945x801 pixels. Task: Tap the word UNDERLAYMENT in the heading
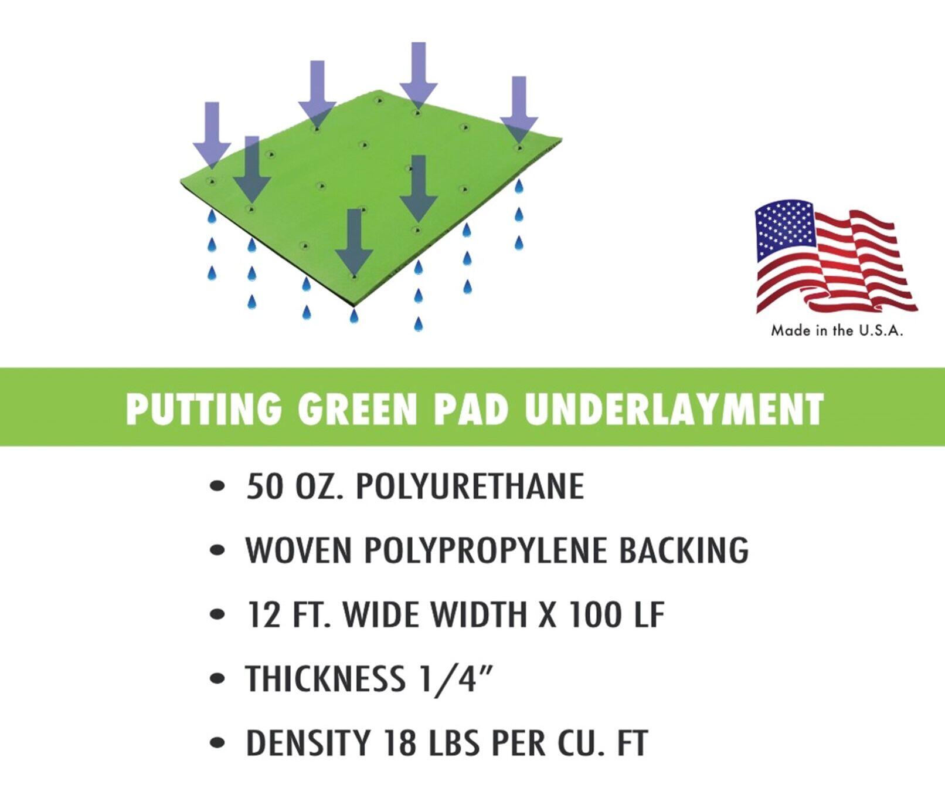(x=674, y=408)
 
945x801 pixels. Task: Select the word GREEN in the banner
(x=357, y=408)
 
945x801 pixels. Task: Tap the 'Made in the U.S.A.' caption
(x=837, y=331)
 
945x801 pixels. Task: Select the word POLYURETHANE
(x=470, y=486)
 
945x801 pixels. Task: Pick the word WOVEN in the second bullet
(x=298, y=550)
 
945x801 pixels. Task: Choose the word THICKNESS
(x=325, y=679)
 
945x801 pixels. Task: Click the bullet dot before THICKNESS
(x=217, y=679)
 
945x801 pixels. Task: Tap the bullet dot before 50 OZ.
(x=217, y=486)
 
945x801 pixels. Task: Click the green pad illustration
(x=375, y=194)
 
